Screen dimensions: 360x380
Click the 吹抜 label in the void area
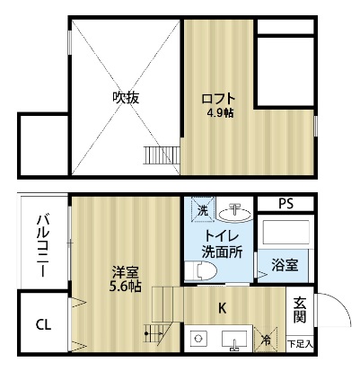click(x=126, y=98)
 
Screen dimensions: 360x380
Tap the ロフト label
click(x=218, y=99)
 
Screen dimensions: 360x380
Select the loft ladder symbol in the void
click(x=162, y=155)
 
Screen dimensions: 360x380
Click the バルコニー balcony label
click(x=44, y=246)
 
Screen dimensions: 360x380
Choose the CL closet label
click(x=44, y=324)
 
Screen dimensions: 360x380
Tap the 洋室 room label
click(x=126, y=273)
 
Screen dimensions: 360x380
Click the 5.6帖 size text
click(x=126, y=287)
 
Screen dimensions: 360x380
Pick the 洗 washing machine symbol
click(x=204, y=209)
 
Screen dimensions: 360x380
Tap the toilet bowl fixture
click(x=200, y=271)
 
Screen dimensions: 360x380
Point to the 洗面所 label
click(x=222, y=252)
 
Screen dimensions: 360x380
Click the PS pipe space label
click(x=285, y=204)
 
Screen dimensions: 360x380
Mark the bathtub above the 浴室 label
click(x=285, y=233)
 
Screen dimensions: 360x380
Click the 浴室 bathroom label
click(x=285, y=265)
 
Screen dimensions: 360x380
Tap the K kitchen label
click(x=222, y=308)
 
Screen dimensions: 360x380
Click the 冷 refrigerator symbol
click(x=266, y=340)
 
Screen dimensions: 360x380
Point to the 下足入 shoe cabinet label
click(x=300, y=344)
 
